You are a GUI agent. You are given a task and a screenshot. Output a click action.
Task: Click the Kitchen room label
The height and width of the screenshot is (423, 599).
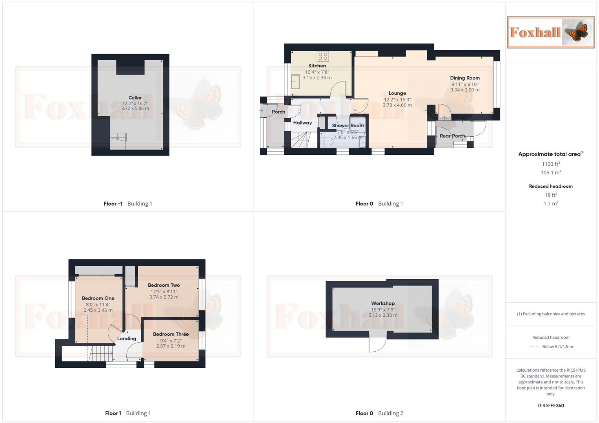tap(317, 66)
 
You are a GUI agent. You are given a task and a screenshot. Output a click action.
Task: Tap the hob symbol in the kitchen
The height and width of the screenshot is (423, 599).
tap(323, 56)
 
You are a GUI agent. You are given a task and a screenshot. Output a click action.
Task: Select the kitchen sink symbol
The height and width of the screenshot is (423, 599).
tap(295, 81)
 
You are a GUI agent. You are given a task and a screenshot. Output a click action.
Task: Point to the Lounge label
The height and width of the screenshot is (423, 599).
tap(397, 93)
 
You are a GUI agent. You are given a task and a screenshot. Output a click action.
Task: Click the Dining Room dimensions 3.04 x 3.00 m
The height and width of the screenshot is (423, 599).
tap(465, 90)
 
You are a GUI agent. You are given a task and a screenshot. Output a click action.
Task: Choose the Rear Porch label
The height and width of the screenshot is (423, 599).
tap(452, 136)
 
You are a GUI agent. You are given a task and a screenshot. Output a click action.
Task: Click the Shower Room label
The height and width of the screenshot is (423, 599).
tap(348, 126)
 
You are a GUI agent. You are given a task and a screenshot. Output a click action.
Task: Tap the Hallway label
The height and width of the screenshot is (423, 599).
tap(302, 123)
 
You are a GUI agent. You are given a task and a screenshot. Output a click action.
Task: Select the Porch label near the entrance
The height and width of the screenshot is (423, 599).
tap(279, 112)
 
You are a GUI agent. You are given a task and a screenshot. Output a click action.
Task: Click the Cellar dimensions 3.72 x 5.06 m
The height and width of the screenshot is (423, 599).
tap(135, 108)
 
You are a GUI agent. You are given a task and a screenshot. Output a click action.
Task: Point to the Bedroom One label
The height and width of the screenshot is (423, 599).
tap(98, 298)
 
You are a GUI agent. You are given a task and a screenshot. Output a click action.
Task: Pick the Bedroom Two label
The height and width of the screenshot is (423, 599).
tap(164, 285)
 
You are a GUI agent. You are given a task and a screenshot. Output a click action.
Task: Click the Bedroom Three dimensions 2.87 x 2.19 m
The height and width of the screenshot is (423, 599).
tap(171, 346)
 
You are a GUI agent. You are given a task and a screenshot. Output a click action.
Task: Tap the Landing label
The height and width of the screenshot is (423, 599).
tap(127, 339)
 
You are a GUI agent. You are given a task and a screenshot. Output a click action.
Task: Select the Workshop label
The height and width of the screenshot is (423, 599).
tap(383, 304)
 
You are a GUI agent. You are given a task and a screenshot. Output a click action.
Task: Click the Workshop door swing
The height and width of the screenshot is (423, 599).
tap(377, 345)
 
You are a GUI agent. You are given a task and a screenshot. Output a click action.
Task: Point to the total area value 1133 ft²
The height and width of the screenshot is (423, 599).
tap(551, 164)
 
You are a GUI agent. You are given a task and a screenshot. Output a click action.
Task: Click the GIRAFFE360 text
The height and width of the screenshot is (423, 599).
tap(551, 406)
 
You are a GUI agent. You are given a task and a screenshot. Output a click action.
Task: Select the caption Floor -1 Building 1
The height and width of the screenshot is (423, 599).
tap(128, 204)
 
